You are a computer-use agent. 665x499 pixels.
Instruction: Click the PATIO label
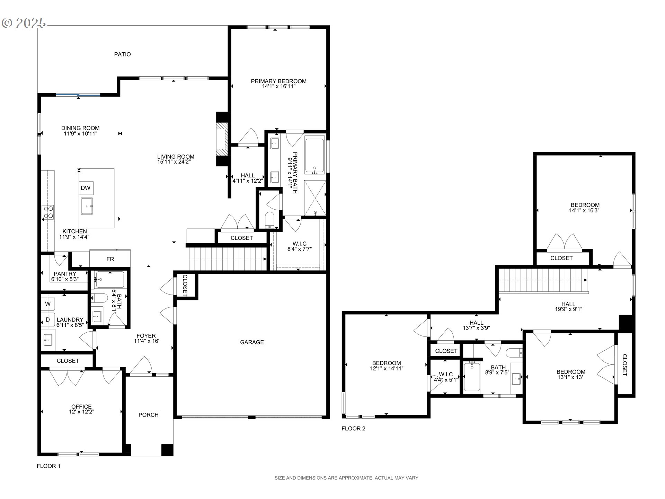(x=122, y=54)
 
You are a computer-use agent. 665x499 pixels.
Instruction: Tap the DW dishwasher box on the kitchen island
(x=86, y=188)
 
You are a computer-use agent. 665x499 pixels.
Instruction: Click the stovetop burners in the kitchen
(x=48, y=212)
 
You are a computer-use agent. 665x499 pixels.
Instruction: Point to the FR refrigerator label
(x=110, y=259)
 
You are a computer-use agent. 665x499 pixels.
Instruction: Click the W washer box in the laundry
(x=48, y=304)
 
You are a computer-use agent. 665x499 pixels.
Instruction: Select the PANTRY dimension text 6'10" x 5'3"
(x=65, y=279)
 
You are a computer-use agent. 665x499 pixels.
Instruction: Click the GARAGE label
(x=252, y=342)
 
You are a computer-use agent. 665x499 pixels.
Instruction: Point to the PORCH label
(x=148, y=415)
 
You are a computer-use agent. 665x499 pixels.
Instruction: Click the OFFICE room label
(x=81, y=407)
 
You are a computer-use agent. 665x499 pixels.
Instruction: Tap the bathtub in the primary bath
(x=314, y=156)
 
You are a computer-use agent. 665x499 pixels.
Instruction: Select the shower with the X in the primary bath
(x=315, y=198)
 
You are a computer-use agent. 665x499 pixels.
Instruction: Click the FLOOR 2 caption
(x=353, y=429)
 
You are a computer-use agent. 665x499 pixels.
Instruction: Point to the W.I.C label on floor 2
(x=446, y=374)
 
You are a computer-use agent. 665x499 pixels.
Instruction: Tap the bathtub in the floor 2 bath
(x=472, y=377)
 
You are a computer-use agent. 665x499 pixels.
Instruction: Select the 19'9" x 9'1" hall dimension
(x=568, y=309)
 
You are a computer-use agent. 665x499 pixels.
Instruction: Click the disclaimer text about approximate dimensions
(x=346, y=478)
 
